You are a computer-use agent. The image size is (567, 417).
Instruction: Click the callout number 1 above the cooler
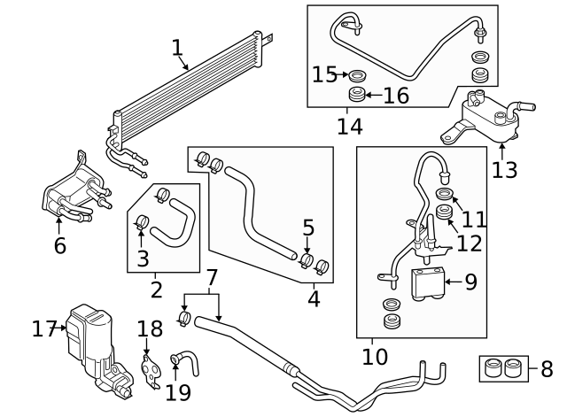click(177, 47)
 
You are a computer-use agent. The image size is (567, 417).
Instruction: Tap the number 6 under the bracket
click(59, 245)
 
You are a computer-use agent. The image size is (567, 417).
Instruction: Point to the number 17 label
click(44, 329)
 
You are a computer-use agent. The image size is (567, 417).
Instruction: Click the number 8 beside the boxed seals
click(547, 367)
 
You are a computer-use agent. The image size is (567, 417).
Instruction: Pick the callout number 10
click(376, 357)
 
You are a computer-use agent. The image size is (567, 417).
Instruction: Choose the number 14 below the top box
click(349, 127)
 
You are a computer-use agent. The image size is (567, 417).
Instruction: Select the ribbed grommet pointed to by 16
click(355, 95)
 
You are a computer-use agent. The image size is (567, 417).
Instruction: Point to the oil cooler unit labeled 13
click(483, 117)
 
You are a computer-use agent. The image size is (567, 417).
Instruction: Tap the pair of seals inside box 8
click(502, 368)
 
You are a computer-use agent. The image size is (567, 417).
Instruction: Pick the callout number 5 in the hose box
click(308, 228)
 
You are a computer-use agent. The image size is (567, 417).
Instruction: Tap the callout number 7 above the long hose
click(211, 277)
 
